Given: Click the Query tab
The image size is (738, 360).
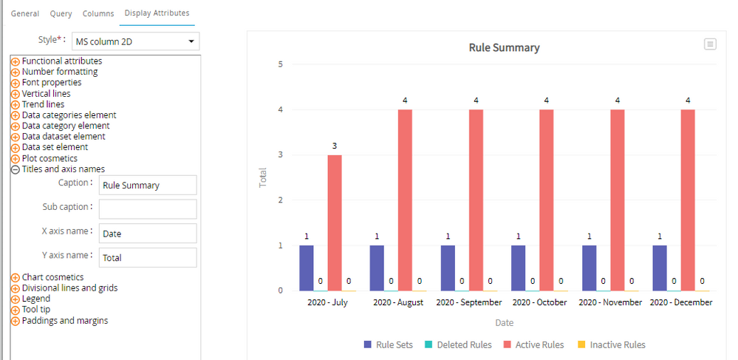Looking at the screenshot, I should [x=61, y=13].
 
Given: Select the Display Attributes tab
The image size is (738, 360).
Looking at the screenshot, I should [x=157, y=13].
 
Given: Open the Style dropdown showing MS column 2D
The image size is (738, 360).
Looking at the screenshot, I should [x=135, y=41].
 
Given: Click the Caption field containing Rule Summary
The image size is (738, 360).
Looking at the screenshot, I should [x=148, y=186].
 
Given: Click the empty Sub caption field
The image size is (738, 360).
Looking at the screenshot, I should [x=148, y=209].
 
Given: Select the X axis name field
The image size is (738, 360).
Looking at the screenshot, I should [x=148, y=234].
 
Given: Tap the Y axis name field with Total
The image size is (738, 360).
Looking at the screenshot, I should [x=148, y=258].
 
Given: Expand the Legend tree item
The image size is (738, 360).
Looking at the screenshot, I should [x=15, y=299].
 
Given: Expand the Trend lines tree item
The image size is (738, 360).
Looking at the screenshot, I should [x=15, y=105].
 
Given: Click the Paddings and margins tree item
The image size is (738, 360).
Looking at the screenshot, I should [x=64, y=320].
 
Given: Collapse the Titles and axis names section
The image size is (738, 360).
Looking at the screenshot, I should [x=15, y=169].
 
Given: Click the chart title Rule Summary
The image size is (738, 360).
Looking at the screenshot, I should [x=504, y=48].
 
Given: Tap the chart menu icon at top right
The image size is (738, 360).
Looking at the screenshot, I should [x=710, y=44].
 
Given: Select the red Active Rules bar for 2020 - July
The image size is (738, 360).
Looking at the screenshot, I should [x=335, y=222].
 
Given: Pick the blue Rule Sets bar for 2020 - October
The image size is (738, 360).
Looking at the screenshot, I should [x=518, y=268].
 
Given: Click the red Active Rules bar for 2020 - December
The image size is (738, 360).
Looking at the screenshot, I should [x=688, y=200].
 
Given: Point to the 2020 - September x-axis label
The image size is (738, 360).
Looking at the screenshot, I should [x=469, y=302].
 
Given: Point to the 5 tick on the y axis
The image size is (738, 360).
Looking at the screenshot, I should [x=280, y=64].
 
